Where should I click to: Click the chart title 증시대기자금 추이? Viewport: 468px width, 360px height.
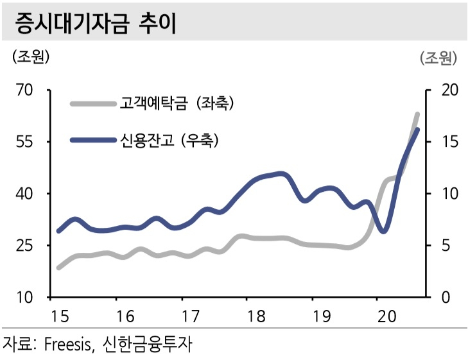[x=96, y=23]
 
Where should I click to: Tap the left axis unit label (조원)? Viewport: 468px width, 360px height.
[x=31, y=56]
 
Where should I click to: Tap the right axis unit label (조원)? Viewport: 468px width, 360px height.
[x=438, y=58]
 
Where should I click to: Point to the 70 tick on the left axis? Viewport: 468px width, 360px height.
[x=24, y=90]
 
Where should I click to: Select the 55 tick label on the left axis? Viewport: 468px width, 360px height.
[x=24, y=142]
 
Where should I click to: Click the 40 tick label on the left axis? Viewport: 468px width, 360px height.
[x=24, y=194]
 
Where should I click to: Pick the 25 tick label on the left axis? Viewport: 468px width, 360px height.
[x=24, y=246]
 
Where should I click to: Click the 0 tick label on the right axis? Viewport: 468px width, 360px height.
[x=446, y=297]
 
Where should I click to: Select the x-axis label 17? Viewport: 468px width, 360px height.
[x=190, y=316]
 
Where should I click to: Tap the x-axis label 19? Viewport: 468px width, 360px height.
[x=322, y=316]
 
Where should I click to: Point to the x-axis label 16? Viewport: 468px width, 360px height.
[x=125, y=316]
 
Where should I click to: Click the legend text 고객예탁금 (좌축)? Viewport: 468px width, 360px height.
[x=177, y=103]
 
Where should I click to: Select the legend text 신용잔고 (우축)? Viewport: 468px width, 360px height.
[x=169, y=140]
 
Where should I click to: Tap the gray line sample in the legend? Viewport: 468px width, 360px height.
[x=93, y=104]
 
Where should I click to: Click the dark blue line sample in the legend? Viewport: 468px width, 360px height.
[x=93, y=140]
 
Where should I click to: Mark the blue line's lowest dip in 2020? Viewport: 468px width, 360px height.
[x=383, y=231]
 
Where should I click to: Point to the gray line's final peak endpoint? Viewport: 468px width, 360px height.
[x=417, y=114]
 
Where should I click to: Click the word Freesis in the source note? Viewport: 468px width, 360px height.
[x=68, y=344]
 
